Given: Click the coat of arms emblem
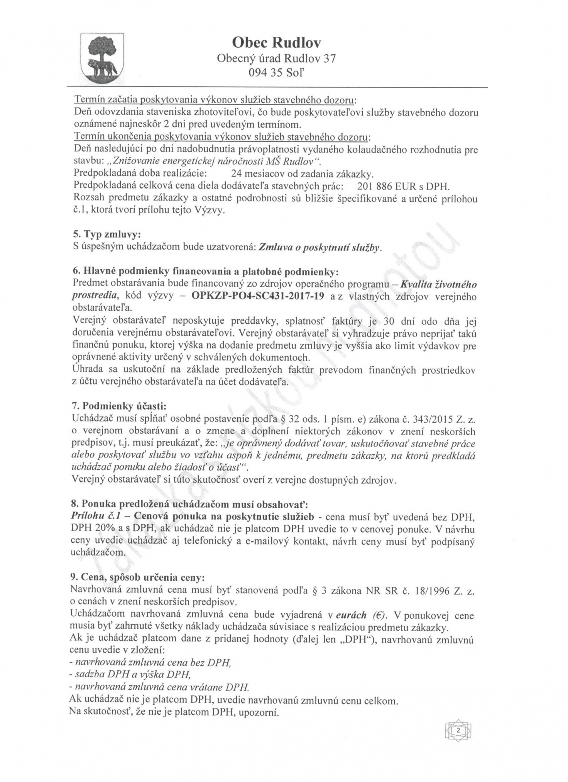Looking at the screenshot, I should [x=102, y=57].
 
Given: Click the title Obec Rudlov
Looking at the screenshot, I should [x=277, y=43].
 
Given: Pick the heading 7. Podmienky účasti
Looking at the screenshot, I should [x=119, y=406].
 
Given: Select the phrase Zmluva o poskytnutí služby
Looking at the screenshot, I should [x=320, y=247].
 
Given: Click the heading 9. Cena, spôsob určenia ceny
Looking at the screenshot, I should [x=137, y=577].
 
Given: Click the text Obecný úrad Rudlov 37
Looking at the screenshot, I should [x=277, y=58].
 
